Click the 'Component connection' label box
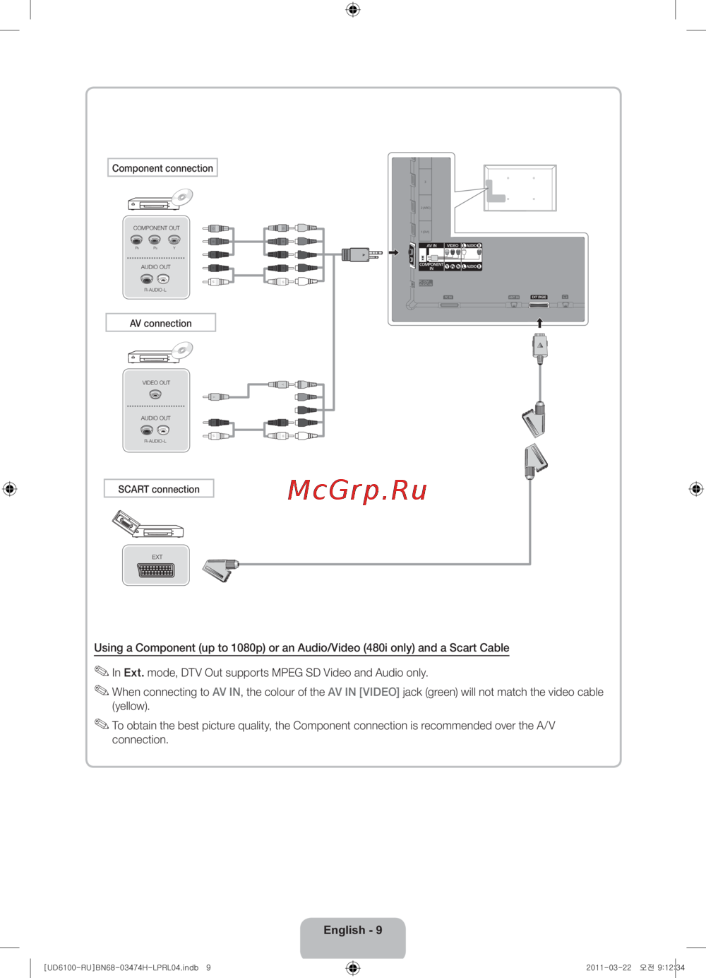162,168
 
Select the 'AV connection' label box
160,323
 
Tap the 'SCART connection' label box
159,489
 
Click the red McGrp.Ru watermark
357,490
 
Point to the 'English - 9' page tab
353,931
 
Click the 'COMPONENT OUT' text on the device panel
156,228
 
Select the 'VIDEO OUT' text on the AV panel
156,383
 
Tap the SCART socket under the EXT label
156,571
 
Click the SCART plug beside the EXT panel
220,569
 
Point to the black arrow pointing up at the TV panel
539,323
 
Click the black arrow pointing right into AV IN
394,252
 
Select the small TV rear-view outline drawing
520,188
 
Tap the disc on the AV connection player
183,349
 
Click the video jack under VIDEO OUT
155,394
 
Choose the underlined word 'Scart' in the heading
463,648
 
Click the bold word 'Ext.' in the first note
133,673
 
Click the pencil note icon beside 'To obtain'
102,724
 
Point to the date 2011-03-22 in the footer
609,968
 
